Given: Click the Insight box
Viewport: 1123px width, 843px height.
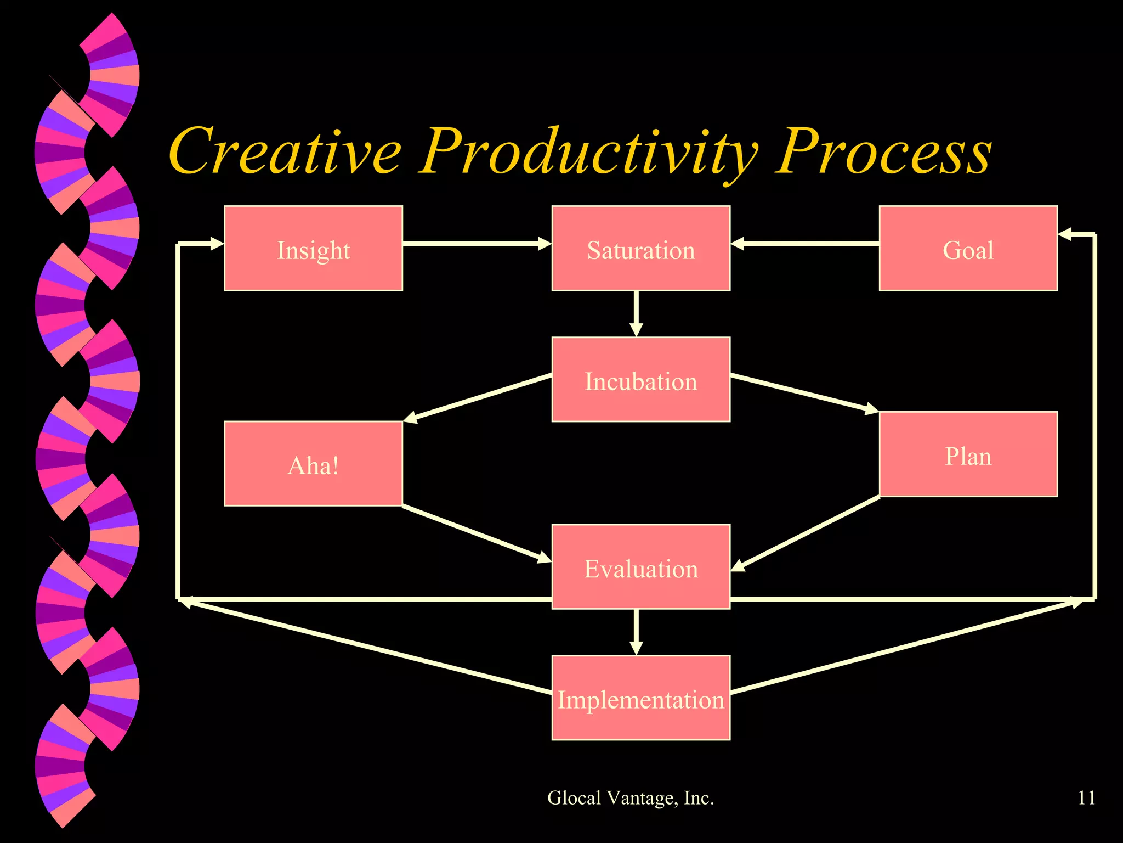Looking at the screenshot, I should click(x=313, y=248).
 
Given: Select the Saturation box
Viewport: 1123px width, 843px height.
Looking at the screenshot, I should click(x=640, y=248).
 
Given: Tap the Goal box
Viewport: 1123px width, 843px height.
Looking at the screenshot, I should click(x=968, y=248).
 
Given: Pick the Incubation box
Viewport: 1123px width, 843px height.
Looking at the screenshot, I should click(x=640, y=379).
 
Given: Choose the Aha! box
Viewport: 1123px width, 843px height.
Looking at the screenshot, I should click(x=313, y=464).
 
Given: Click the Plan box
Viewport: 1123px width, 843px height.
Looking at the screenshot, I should click(x=968, y=454).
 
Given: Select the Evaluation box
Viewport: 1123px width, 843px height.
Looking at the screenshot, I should click(x=640, y=566).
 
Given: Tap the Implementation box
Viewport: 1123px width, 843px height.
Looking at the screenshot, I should click(x=640, y=698).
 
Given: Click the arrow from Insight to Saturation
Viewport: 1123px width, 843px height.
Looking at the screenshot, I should click(x=477, y=243).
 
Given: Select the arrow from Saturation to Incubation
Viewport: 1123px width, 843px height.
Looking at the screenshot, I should click(x=636, y=313).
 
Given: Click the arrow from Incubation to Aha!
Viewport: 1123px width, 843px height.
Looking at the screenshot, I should click(x=477, y=398).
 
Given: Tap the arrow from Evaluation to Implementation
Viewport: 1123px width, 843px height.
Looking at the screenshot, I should click(x=636, y=632).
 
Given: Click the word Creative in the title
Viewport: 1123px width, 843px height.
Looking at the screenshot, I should click(x=285, y=151).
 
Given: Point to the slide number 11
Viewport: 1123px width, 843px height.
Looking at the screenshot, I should click(x=1086, y=797).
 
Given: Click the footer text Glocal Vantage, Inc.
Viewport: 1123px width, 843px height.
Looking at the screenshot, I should click(x=631, y=797).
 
